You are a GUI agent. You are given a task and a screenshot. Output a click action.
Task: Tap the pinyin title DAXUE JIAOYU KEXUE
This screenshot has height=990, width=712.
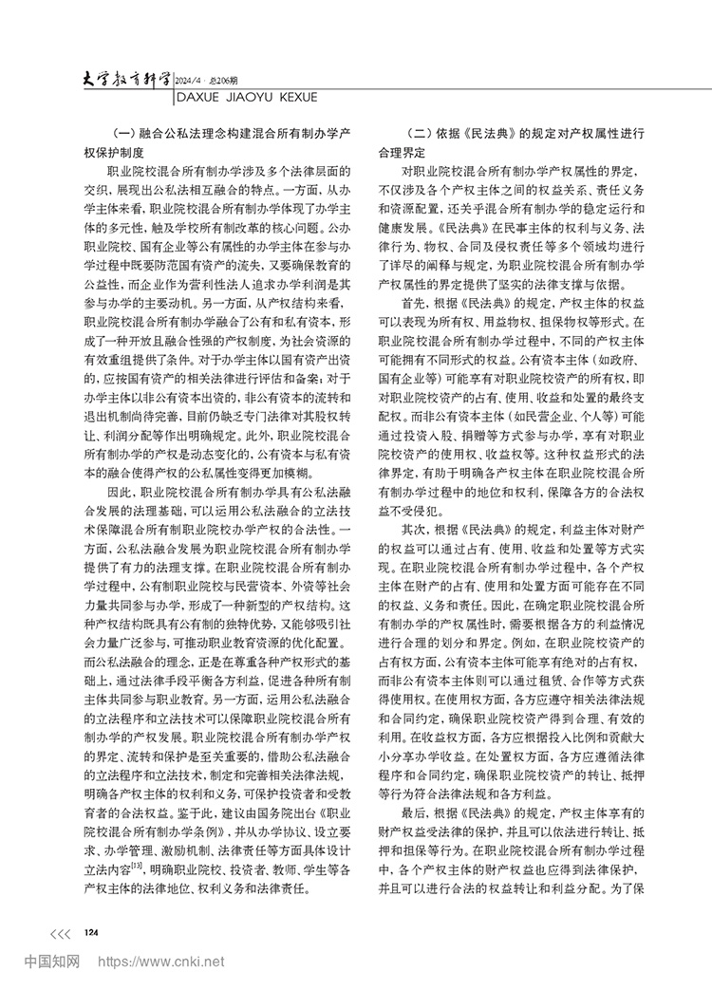(256, 92)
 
